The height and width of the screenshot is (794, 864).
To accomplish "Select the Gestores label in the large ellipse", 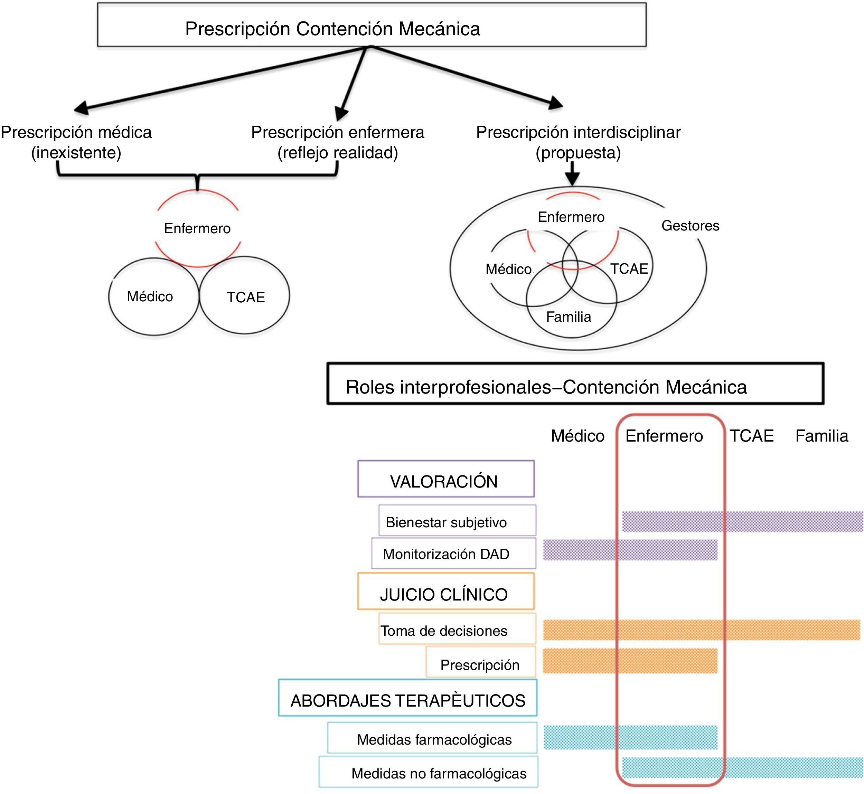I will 690,226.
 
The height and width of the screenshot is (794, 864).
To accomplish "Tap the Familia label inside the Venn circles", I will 568,316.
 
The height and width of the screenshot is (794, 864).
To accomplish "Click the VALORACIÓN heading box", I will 446,479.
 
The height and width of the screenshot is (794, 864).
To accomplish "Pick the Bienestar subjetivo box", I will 457,520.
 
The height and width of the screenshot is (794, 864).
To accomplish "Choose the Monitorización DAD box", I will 453,554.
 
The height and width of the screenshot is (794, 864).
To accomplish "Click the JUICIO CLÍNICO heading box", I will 446,591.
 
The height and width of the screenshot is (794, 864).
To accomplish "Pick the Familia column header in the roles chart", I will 821,436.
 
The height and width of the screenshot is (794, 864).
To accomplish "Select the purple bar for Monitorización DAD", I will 630,550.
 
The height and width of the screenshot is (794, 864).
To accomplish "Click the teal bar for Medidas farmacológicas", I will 630,737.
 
